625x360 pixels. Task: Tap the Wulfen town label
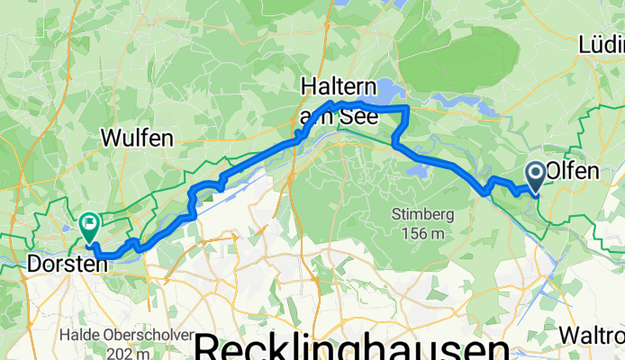[x=137, y=139]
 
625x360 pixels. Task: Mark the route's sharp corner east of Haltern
[x=408, y=107]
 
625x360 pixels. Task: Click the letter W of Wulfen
[x=113, y=139]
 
